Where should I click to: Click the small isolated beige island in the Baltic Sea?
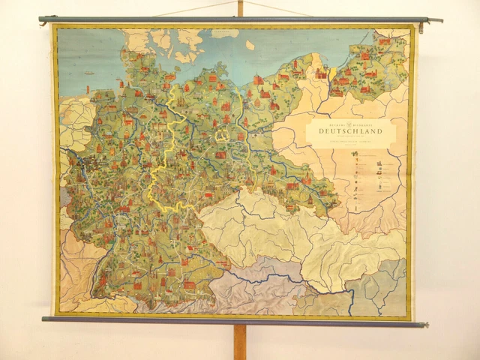coord(250,45)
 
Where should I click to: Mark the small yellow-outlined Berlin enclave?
coord(222,136)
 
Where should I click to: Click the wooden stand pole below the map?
coord(240,342)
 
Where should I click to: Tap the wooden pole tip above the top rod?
coord(239,7)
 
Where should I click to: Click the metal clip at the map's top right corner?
coord(422,27)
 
